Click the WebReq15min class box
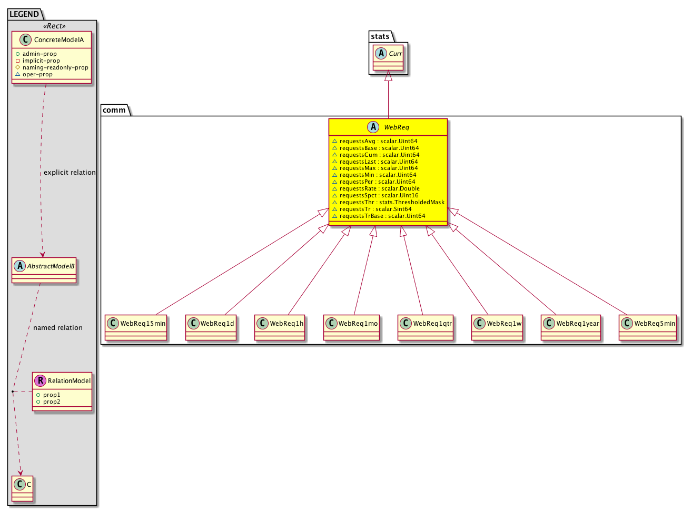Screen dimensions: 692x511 pos(136,327)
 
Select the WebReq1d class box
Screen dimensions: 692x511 pos(211,327)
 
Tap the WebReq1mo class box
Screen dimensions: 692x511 pos(352,327)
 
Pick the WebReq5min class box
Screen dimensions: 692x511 pos(648,327)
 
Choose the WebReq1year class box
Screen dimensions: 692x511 pos(571,327)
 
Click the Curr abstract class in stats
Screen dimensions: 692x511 pos(388,57)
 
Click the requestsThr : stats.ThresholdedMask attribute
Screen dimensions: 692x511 pos(389,202)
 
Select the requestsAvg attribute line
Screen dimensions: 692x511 pos(375,141)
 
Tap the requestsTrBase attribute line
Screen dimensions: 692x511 pos(379,216)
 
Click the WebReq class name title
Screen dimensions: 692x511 pos(396,127)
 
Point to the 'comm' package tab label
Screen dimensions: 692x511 pos(114,110)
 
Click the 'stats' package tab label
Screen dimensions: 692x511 pos(380,36)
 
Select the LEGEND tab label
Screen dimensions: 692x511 pos(24,14)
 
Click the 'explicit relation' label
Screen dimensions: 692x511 pos(70,173)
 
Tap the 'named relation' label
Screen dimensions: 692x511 pos(58,328)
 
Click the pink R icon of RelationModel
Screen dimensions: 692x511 pos(40,380)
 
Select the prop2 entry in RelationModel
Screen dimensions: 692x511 pos(48,402)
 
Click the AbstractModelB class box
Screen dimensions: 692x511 pos(44,270)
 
